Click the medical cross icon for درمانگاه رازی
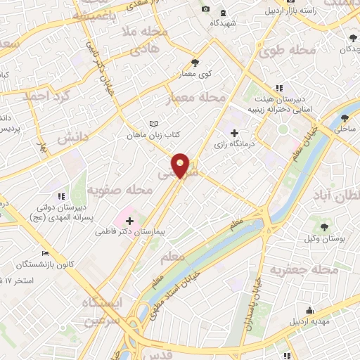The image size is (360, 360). point(235,132)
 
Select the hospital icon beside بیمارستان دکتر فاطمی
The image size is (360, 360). point(130,221)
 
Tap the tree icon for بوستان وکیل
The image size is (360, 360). point(324,227)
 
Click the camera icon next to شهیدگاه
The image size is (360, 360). point(205,8)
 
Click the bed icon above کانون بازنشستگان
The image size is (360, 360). point(46,253)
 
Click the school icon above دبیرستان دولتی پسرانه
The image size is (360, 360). point(62,195)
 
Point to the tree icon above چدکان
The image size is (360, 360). point(352,38)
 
